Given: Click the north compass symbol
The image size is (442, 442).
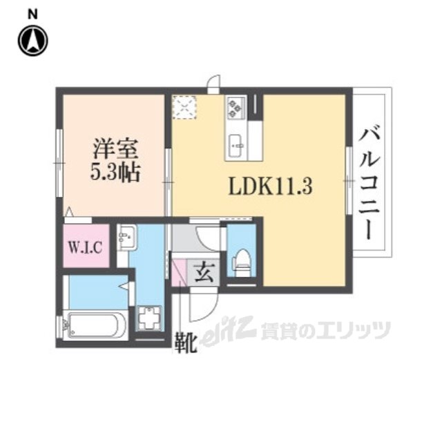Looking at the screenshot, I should [32, 41].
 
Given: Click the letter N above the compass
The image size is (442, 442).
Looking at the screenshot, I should [32, 13].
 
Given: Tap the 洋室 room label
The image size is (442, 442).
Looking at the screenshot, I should [115, 150].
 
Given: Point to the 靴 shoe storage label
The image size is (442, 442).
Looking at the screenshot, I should [186, 340].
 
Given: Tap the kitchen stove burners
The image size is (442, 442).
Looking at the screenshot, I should [236, 107].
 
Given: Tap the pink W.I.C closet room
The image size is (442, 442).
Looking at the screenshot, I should [86, 256].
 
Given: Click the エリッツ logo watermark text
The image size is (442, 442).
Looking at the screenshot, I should [325, 330].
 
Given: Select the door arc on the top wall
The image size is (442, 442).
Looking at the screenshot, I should [214, 84].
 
